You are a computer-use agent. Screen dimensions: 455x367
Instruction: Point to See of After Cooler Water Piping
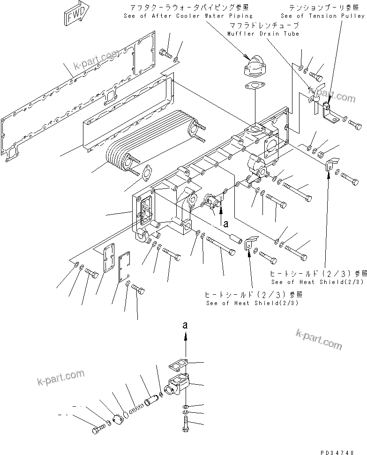[188, 16]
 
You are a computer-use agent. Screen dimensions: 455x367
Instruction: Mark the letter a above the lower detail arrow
[186, 324]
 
